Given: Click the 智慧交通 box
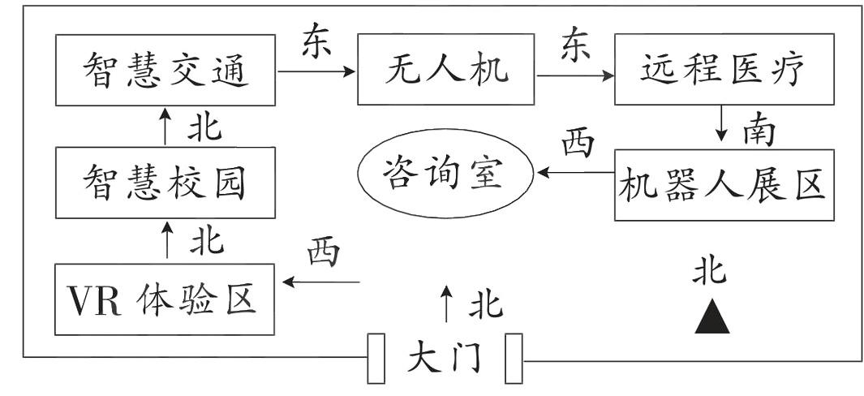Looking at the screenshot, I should [166, 70].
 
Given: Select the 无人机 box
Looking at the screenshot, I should [445, 70].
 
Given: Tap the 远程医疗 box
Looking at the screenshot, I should [724, 70].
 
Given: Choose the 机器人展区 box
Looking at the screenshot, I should [724, 184].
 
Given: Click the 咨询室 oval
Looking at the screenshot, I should [444, 174].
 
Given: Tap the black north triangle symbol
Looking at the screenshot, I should [711, 317].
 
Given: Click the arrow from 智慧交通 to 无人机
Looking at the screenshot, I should [316, 71].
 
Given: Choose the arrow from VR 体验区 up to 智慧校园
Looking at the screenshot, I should [166, 242].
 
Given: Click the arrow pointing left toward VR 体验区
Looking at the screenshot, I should [320, 282].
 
